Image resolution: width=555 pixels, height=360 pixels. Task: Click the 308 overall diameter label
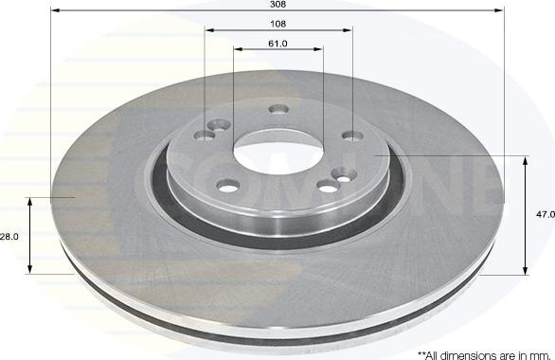tap(277, 4)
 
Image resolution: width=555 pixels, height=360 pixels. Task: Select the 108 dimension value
tap(277, 24)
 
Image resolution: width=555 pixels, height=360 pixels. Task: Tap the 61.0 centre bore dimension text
tap(277, 44)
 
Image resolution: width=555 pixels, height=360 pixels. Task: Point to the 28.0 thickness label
tap(9, 237)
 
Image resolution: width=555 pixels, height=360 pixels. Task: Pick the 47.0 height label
tap(546, 214)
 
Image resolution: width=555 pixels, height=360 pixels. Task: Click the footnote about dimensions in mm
tap(484, 355)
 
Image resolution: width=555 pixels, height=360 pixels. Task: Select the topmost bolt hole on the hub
tap(278, 109)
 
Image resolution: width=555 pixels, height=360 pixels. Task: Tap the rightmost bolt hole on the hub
tap(352, 135)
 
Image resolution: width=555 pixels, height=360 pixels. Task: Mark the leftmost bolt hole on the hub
tap(205, 135)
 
